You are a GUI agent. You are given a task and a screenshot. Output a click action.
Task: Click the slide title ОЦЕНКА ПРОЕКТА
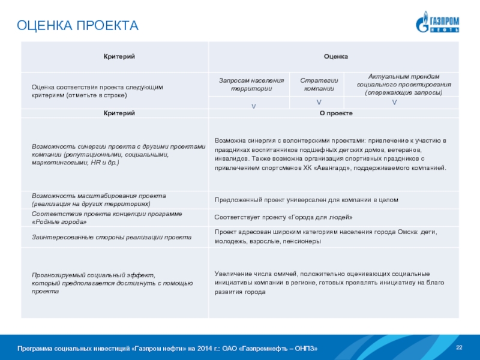tap(77, 26)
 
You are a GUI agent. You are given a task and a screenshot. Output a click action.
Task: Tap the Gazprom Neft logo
tap(437, 22)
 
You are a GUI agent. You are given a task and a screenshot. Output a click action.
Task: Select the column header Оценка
tap(335, 56)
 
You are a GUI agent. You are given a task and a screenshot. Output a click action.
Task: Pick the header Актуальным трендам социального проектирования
tap(394, 85)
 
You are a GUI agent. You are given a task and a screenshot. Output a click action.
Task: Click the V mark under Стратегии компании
tap(319, 103)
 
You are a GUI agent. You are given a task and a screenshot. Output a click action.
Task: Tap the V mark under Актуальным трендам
tap(394, 103)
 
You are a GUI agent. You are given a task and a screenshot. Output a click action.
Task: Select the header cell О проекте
tap(335, 113)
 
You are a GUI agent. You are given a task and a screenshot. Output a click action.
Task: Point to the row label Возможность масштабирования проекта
tap(99, 200)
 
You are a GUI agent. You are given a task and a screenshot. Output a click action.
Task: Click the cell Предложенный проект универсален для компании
tap(306, 200)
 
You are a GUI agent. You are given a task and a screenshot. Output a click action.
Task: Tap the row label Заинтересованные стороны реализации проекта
tap(112, 238)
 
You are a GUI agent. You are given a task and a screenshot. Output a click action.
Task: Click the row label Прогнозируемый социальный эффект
tap(112, 283)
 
